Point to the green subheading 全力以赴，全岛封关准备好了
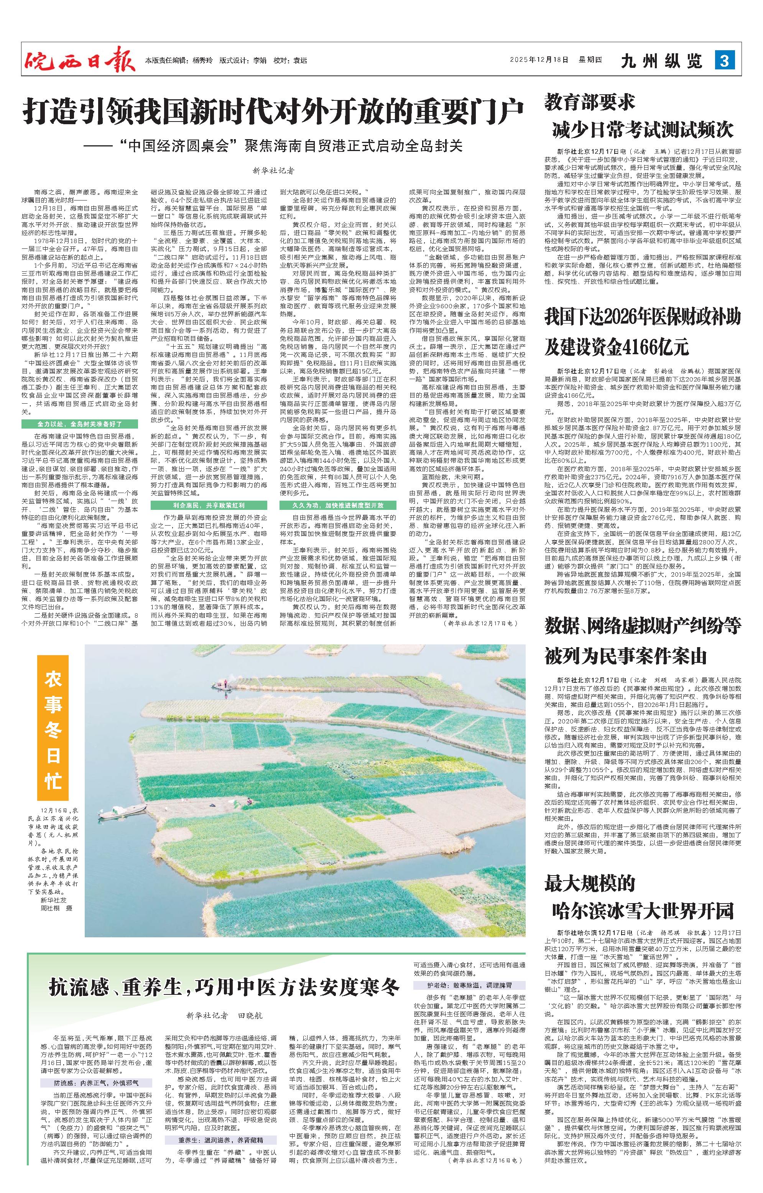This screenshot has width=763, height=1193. [x=80, y=424]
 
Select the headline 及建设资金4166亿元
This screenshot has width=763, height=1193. [x=617, y=347]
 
